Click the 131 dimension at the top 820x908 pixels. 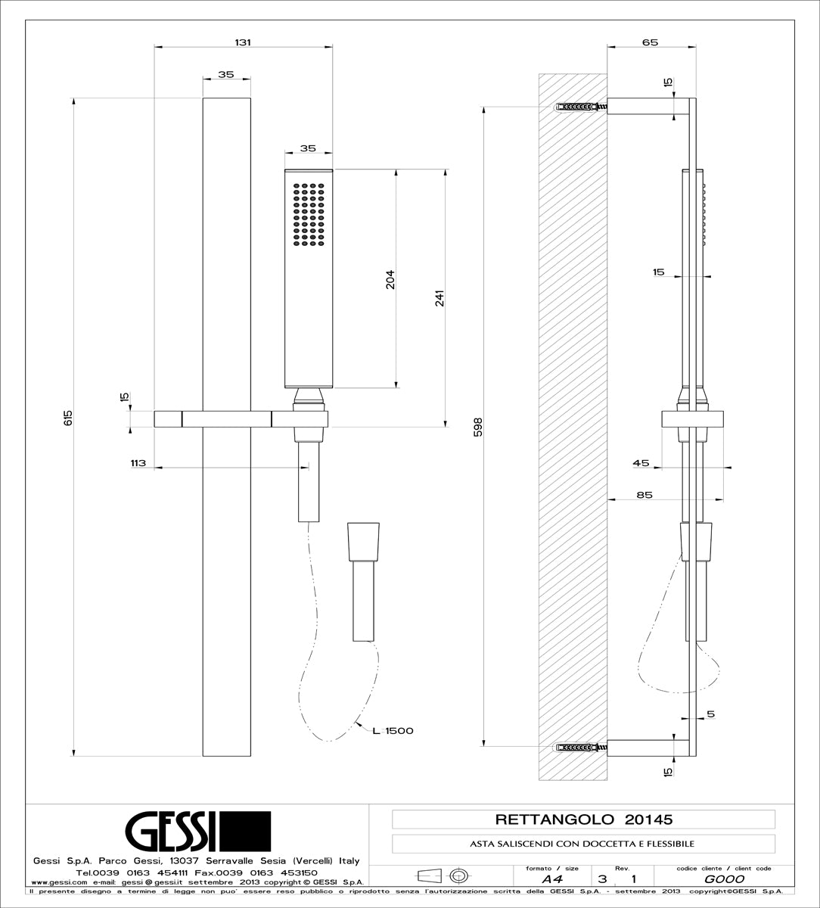click(242, 42)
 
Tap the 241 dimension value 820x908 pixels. click(439, 298)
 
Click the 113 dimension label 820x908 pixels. click(137, 462)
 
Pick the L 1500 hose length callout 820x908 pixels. click(392, 730)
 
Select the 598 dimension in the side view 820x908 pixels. click(477, 427)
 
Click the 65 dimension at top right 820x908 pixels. click(650, 42)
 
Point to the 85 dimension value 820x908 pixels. click(645, 495)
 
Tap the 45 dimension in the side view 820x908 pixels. click(641, 462)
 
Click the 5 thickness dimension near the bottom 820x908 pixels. click(711, 714)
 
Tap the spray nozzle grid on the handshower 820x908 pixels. click(309, 213)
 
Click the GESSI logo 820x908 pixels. click(197, 831)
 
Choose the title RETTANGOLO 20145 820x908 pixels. click(583, 819)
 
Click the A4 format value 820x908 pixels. click(551, 879)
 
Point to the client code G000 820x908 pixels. click(724, 879)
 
